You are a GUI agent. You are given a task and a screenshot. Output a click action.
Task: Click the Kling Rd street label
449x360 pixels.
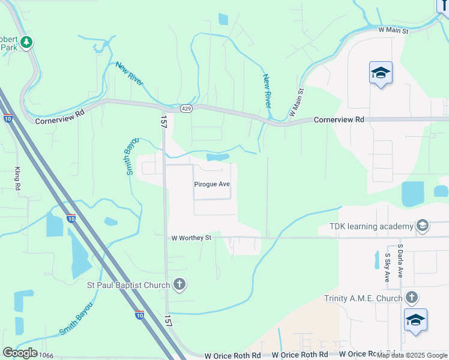(18, 179)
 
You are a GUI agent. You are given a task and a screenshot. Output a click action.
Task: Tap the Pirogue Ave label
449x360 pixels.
(212, 184)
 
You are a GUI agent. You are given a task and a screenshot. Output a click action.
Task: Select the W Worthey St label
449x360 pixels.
(192, 238)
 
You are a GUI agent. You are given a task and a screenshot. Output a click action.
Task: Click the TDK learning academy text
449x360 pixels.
(372, 226)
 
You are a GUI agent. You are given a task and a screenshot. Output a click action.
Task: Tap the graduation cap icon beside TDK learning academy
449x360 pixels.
(423, 226)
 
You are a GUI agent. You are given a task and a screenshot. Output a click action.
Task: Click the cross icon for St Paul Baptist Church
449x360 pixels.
(179, 285)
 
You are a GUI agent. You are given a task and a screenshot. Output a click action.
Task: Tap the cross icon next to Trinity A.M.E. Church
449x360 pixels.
(411, 298)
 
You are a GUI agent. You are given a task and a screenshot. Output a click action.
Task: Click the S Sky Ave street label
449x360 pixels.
(388, 268)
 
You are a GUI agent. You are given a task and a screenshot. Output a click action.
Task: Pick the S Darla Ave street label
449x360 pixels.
(400, 260)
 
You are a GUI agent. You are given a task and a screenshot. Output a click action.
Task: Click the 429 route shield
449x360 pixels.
(186, 108)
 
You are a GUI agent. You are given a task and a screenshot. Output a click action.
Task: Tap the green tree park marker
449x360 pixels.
(26, 42)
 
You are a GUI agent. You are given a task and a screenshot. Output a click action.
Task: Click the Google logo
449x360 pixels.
(20, 352)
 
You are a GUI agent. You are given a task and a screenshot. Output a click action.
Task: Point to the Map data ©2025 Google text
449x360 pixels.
(412, 355)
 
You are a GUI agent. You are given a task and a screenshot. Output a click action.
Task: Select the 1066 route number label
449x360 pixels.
(46, 356)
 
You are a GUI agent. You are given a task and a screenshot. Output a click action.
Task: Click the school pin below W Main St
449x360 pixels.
(381, 73)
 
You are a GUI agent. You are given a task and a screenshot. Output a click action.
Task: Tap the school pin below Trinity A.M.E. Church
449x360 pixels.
(415, 320)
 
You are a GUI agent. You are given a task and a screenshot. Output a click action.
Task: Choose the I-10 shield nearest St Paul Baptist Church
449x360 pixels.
(139, 314)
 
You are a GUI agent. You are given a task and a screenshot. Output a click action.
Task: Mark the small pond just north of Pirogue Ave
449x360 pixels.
(218, 157)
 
